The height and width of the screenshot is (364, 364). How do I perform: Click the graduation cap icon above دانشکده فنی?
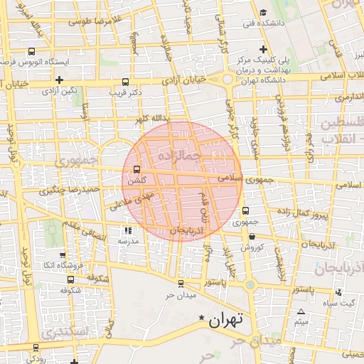tap(264, 12)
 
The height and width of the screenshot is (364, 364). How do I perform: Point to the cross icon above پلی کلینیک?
tap(264, 49)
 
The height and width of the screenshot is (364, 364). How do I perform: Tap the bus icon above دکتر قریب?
tap(126, 82)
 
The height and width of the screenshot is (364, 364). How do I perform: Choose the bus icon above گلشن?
tap(136, 170)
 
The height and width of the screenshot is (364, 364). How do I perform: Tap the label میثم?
tap(301, 323)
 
